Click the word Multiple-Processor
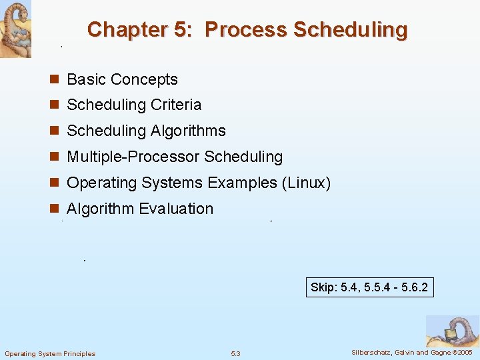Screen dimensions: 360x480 [133, 157]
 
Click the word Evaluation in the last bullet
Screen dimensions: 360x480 [177, 209]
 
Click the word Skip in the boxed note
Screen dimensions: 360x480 [324, 287]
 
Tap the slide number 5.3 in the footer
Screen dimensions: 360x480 [235, 353]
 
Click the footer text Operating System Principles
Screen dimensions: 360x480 [50, 353]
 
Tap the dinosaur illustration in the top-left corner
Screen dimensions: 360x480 [15, 29]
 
